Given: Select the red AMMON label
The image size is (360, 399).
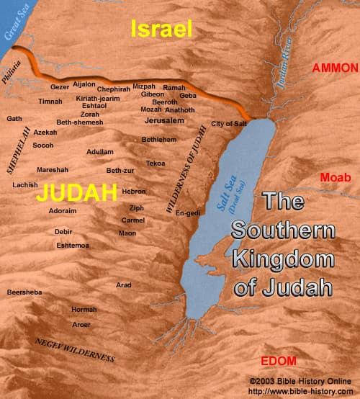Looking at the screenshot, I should pyautogui.click(x=334, y=68).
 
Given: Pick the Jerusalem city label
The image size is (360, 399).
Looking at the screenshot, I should pyautogui.click(x=165, y=120).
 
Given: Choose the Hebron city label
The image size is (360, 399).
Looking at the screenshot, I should pyautogui.click(x=134, y=192).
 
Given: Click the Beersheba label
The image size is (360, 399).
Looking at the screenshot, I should pyautogui.click(x=24, y=292).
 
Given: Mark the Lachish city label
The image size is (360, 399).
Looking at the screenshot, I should pyautogui.click(x=25, y=185).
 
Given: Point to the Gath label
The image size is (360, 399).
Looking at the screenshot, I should pyautogui.click(x=14, y=118).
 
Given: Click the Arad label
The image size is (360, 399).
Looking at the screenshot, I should pyautogui.click(x=124, y=285).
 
